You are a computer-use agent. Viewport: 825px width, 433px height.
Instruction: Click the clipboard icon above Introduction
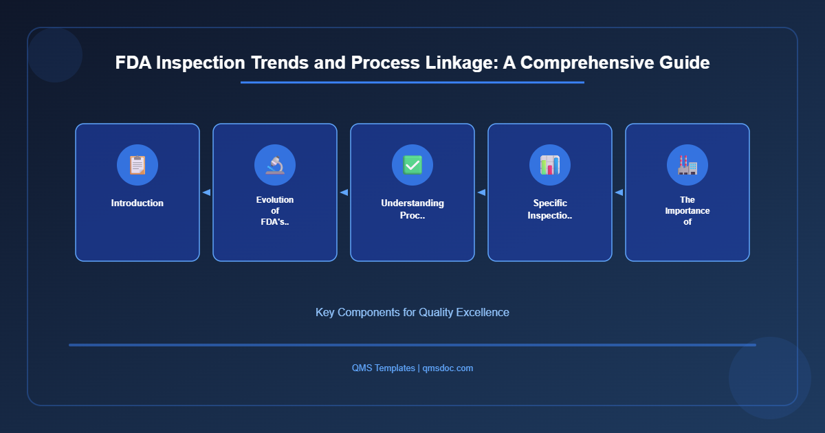(x=137, y=165)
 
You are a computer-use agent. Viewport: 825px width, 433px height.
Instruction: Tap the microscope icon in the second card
(x=275, y=165)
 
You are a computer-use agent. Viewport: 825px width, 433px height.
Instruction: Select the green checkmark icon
(x=412, y=165)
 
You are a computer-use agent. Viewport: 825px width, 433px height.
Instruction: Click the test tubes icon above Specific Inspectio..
(x=550, y=165)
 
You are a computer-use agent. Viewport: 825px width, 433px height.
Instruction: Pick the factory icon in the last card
(x=687, y=165)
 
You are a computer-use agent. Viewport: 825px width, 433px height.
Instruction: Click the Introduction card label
(x=137, y=203)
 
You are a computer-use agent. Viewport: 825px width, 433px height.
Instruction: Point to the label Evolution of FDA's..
(x=275, y=210)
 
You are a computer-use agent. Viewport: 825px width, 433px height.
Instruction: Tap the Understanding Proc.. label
(x=412, y=209)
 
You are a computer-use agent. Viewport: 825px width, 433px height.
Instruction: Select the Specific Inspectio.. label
(x=550, y=209)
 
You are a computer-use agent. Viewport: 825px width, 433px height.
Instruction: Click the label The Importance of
(x=687, y=211)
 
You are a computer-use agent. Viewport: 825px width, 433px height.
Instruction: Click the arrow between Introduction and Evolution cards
(x=206, y=192)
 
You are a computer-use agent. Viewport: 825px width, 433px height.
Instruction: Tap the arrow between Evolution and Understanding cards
(x=344, y=192)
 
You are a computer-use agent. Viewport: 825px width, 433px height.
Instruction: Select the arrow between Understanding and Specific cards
(x=481, y=192)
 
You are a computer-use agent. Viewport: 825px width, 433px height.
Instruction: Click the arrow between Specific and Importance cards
(x=619, y=192)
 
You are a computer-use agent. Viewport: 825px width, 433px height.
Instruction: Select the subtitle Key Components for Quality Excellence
(x=412, y=312)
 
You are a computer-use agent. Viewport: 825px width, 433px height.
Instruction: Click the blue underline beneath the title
(x=412, y=82)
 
